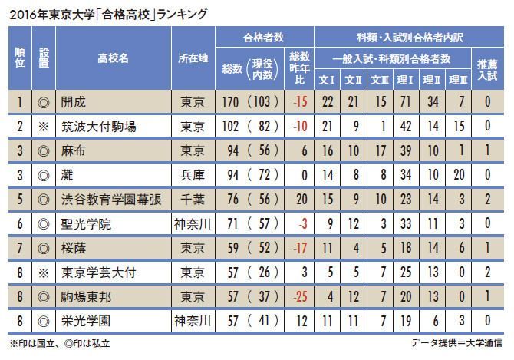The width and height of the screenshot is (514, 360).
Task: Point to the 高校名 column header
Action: point(113,58)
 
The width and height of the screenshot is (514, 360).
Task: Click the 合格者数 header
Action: point(263,35)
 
